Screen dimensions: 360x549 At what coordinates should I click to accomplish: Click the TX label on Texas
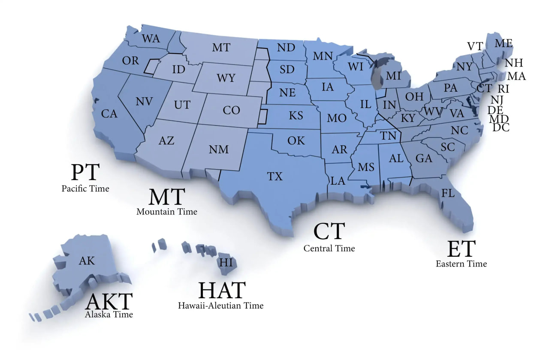point(275,176)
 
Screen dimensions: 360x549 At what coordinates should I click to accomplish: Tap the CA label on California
point(109,114)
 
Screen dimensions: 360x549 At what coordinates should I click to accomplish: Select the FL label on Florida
point(448,193)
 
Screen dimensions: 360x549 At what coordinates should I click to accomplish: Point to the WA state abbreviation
point(151,39)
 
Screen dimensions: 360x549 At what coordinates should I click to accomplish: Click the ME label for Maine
point(504,43)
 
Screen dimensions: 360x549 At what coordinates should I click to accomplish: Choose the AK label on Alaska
point(87,261)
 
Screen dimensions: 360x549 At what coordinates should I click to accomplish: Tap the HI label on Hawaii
point(226,261)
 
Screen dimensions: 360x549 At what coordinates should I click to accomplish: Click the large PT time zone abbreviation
point(85,172)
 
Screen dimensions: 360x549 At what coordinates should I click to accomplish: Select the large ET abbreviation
point(461,249)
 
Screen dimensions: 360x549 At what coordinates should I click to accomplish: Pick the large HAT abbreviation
point(222,291)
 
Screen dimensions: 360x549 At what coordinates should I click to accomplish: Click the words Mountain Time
point(167,211)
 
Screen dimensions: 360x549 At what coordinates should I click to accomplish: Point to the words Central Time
point(329,248)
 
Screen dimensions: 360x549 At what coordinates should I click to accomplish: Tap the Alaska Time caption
point(109,315)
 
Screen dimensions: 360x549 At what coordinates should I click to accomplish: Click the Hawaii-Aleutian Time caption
point(220,306)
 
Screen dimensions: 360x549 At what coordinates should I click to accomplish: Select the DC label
point(501,127)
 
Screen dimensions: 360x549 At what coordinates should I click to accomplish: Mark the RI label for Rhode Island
point(503,89)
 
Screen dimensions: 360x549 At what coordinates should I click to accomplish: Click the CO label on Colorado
point(231,110)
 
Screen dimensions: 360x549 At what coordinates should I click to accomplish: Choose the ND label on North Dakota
point(286,47)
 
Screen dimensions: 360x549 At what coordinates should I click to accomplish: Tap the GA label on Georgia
point(424,158)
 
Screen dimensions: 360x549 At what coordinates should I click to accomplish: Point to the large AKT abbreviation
point(109,301)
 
